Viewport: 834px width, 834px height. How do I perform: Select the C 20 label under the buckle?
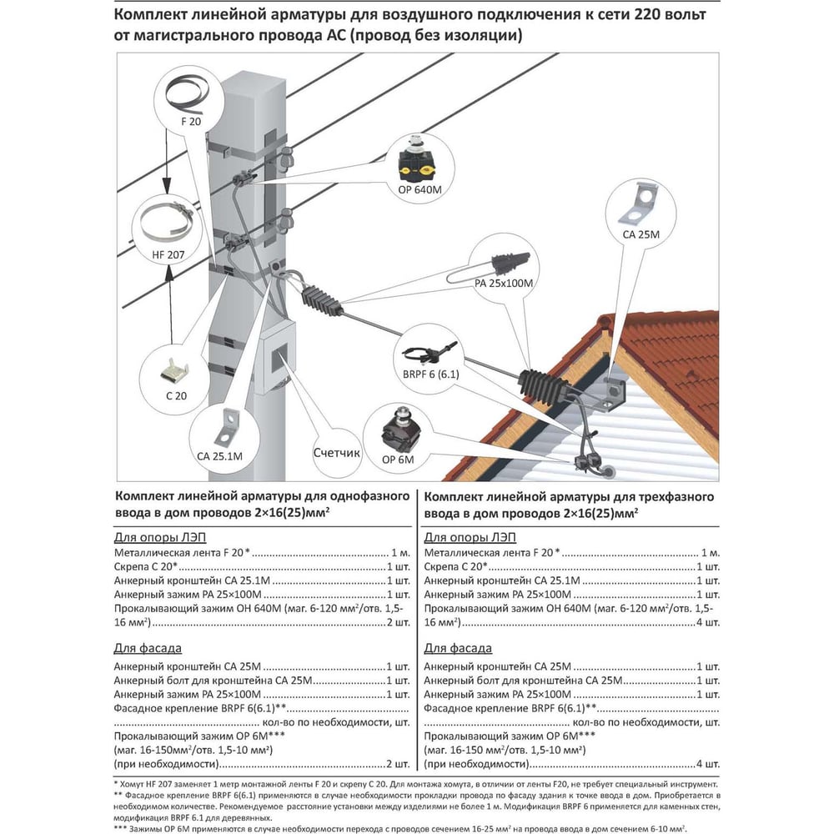[177, 396]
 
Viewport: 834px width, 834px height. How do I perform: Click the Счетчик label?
[337, 454]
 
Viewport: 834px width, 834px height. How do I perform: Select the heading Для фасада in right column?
[458, 648]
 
